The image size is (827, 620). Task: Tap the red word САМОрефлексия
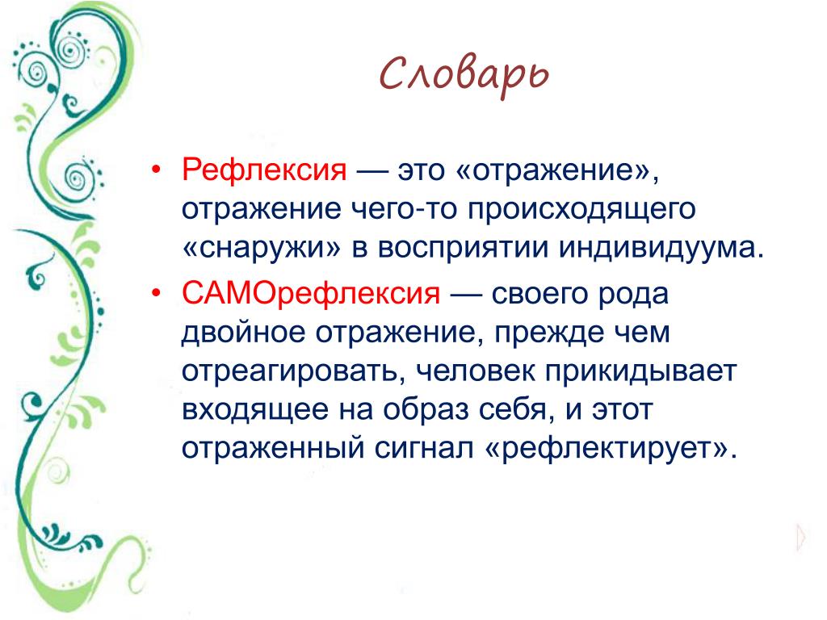[311, 294]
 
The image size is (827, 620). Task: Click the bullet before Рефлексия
[156, 170]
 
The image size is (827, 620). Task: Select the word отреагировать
[289, 372]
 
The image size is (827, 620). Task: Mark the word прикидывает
[640, 372]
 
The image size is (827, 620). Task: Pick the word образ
[426, 410]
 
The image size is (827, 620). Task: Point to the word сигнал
[423, 449]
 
